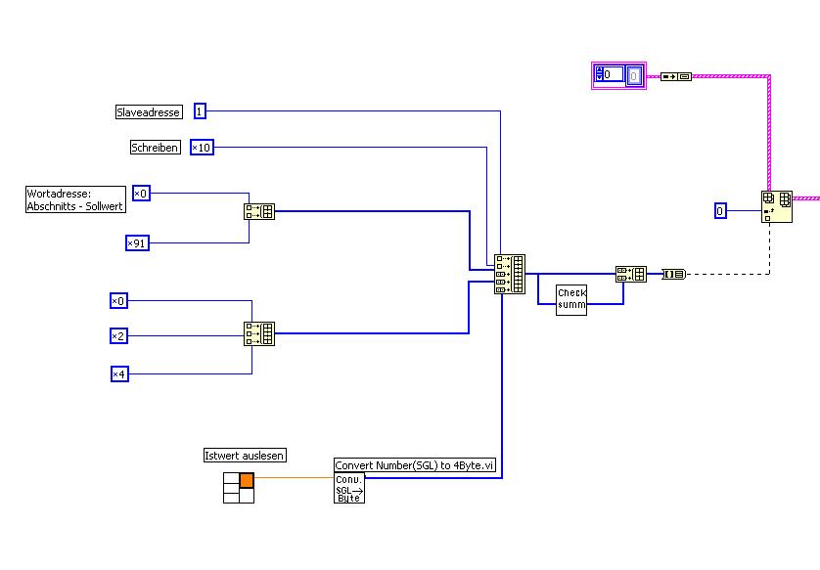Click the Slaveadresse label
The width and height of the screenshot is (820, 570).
pyautogui.click(x=150, y=112)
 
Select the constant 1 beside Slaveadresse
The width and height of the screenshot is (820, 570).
pyautogui.click(x=200, y=111)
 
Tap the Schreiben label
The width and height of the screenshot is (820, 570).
pyautogui.click(x=156, y=148)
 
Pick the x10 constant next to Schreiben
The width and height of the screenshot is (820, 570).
pyautogui.click(x=201, y=148)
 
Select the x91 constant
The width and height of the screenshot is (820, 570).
pyautogui.click(x=137, y=242)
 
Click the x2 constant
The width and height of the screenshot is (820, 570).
pyautogui.click(x=118, y=336)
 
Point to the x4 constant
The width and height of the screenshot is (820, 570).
pyautogui.click(x=118, y=373)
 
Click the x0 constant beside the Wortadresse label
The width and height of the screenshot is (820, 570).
pyautogui.click(x=141, y=194)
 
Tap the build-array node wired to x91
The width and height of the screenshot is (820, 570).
pyautogui.click(x=259, y=211)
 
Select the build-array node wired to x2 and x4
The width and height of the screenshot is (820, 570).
pyautogui.click(x=259, y=334)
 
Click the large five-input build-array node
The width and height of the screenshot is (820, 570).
pyautogui.click(x=509, y=274)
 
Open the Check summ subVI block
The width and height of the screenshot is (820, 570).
pyautogui.click(x=571, y=299)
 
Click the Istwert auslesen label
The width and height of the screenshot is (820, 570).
pyautogui.click(x=244, y=456)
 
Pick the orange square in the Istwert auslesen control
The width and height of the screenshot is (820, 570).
pyautogui.click(x=247, y=480)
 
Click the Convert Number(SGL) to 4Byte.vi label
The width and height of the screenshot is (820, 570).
pyautogui.click(x=416, y=466)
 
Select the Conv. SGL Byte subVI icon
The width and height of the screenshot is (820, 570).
pyautogui.click(x=349, y=489)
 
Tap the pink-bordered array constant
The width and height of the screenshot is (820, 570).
pyautogui.click(x=618, y=74)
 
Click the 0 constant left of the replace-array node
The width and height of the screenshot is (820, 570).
pyautogui.click(x=720, y=210)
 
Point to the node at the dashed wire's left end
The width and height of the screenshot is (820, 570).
pyautogui.click(x=674, y=274)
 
